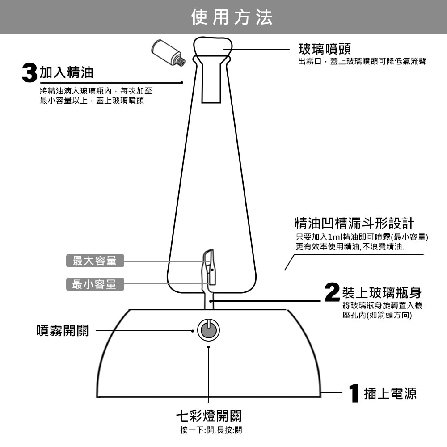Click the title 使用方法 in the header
coord(232,17)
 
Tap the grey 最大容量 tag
coord(95,261)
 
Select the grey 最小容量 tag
coord(95,284)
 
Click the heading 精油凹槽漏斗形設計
coord(354,223)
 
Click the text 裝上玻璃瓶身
coord(381,293)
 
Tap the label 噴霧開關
coord(63,331)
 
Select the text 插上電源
coord(390,393)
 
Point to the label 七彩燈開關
coord(208,416)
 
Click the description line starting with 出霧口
coord(362,62)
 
